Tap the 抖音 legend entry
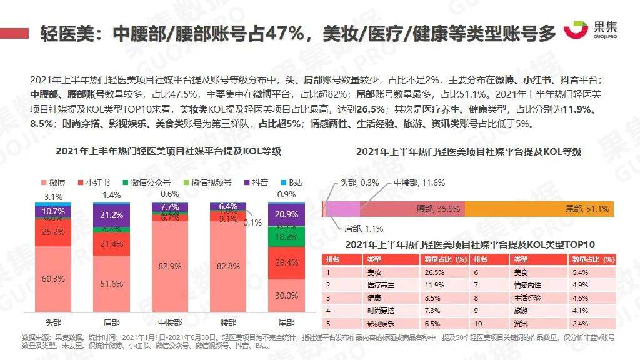click(256, 183)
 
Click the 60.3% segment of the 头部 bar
click(52, 279)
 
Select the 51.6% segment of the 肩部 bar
click(111, 283)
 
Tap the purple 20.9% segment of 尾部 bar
click(286, 214)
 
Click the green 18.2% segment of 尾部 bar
click(286, 237)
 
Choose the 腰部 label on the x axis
click(228, 322)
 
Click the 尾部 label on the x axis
click(286, 322)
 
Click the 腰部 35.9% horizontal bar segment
click(412, 209)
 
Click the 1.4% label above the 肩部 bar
click(111, 195)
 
